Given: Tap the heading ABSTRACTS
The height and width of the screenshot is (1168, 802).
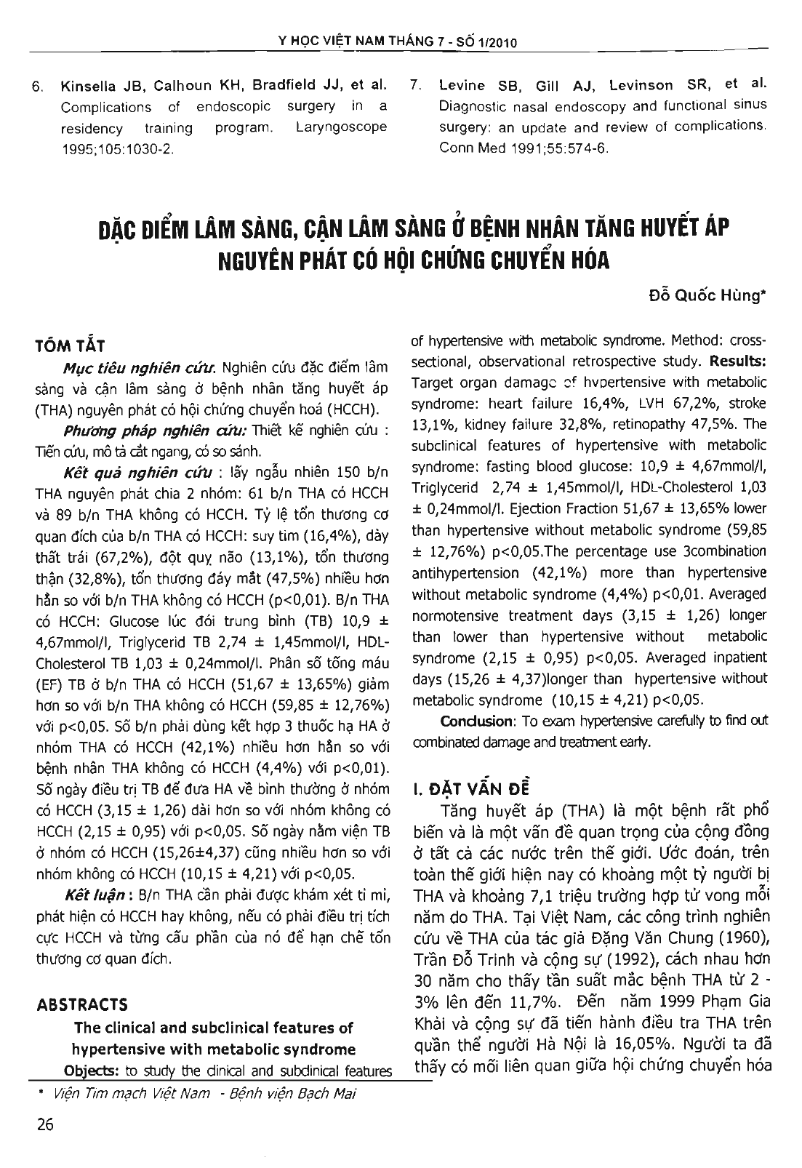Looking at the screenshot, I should point(81,1005).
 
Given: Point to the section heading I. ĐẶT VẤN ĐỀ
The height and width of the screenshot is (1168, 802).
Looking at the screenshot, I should point(472,788).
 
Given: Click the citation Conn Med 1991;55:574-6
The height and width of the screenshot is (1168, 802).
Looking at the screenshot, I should point(524,148).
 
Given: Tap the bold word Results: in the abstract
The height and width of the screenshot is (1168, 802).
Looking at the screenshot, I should point(737,361).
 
